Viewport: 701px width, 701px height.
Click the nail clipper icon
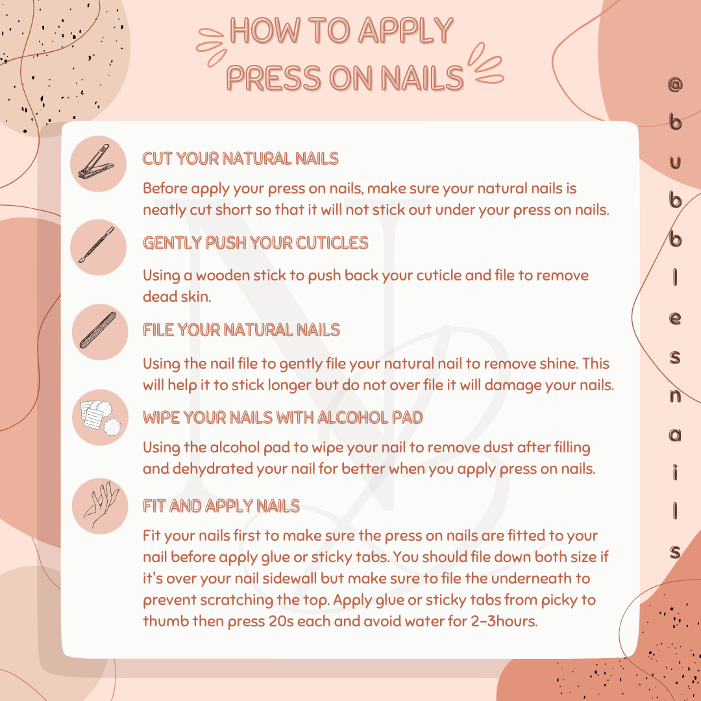click(x=96, y=162)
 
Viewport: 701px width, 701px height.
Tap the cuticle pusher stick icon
click(x=97, y=245)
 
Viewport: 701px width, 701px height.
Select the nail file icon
click(x=98, y=330)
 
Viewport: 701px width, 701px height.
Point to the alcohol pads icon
click(x=101, y=417)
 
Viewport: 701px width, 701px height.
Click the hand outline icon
click(x=101, y=505)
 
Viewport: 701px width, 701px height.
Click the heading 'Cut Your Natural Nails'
click(x=241, y=158)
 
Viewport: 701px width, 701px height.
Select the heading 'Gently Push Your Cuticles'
click(x=255, y=243)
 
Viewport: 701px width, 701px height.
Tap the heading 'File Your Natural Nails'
click(x=241, y=330)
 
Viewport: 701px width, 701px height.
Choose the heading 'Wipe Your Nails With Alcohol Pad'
click(x=282, y=417)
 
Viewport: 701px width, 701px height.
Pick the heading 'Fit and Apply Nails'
click(x=221, y=506)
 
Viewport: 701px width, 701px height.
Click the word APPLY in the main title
click(x=406, y=31)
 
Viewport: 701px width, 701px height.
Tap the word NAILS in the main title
click(x=422, y=78)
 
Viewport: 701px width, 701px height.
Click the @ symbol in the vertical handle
click(x=674, y=84)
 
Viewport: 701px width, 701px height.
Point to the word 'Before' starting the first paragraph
click(x=165, y=188)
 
